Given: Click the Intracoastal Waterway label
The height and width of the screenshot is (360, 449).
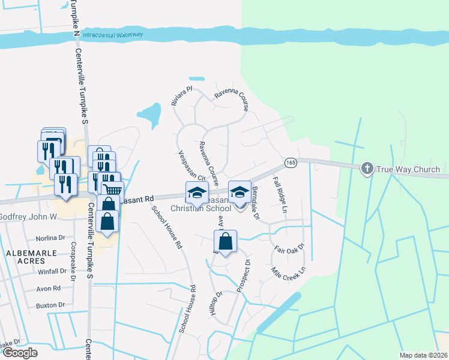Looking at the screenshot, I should point(113,34).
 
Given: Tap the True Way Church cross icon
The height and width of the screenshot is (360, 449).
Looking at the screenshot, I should point(367,169).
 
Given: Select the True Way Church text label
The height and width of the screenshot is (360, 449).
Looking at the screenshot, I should point(408,169).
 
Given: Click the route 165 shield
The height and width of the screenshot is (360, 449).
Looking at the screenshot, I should point(291,163).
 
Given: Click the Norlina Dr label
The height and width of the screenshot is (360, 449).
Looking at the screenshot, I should point(50,238).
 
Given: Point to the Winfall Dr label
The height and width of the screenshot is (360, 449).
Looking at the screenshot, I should point(50,271).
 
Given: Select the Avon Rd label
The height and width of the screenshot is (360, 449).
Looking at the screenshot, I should point(49,288).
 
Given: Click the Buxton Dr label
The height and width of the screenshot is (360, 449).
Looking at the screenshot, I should point(50,305).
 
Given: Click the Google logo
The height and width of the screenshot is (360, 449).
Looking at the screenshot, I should point(20,353).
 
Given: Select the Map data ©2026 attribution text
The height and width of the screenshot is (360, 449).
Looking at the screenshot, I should point(422,355).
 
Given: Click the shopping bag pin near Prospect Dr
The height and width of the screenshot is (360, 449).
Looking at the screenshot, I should point(225,242).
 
